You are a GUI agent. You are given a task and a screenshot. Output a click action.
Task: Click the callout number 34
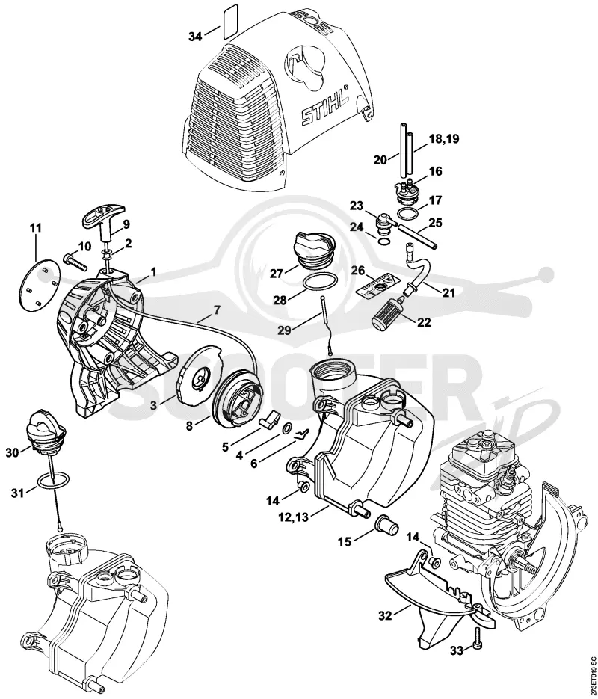point(195,37)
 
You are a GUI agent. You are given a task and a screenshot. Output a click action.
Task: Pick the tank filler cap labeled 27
point(312,252)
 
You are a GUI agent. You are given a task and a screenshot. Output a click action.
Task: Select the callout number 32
point(385,615)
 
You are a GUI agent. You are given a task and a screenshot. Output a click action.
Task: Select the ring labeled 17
point(409,214)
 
